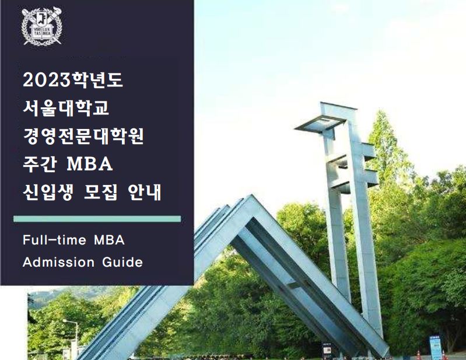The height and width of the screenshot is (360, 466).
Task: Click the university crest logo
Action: [41, 26]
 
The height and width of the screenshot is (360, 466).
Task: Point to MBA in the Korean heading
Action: [90, 165]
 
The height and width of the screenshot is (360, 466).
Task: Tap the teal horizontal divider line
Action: [97, 219]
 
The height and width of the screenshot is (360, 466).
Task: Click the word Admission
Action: [58, 262]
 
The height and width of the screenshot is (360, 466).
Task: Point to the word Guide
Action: [123, 262]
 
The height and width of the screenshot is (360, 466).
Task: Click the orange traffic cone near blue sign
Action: [418, 354]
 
